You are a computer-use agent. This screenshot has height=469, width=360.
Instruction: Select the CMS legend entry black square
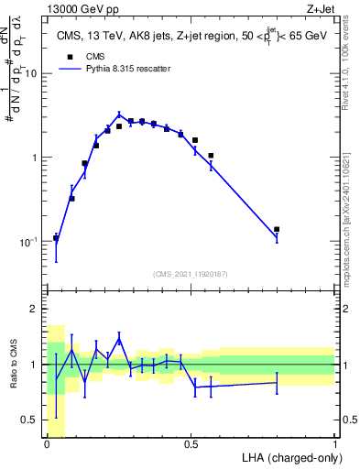pyautogui.click(x=70, y=54)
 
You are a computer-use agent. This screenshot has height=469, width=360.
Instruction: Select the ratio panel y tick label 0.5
pyautogui.click(x=30, y=420)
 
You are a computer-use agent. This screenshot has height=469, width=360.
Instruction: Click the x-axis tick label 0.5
pyautogui.click(x=191, y=444)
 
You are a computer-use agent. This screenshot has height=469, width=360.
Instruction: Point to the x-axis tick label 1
pyautogui.click(x=335, y=444)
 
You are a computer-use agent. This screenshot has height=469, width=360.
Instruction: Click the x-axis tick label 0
pyautogui.click(x=47, y=444)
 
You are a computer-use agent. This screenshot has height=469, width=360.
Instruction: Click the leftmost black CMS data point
pyautogui.click(x=56, y=238)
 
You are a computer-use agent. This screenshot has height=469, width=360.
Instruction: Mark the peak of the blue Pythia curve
pyautogui.click(x=119, y=115)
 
